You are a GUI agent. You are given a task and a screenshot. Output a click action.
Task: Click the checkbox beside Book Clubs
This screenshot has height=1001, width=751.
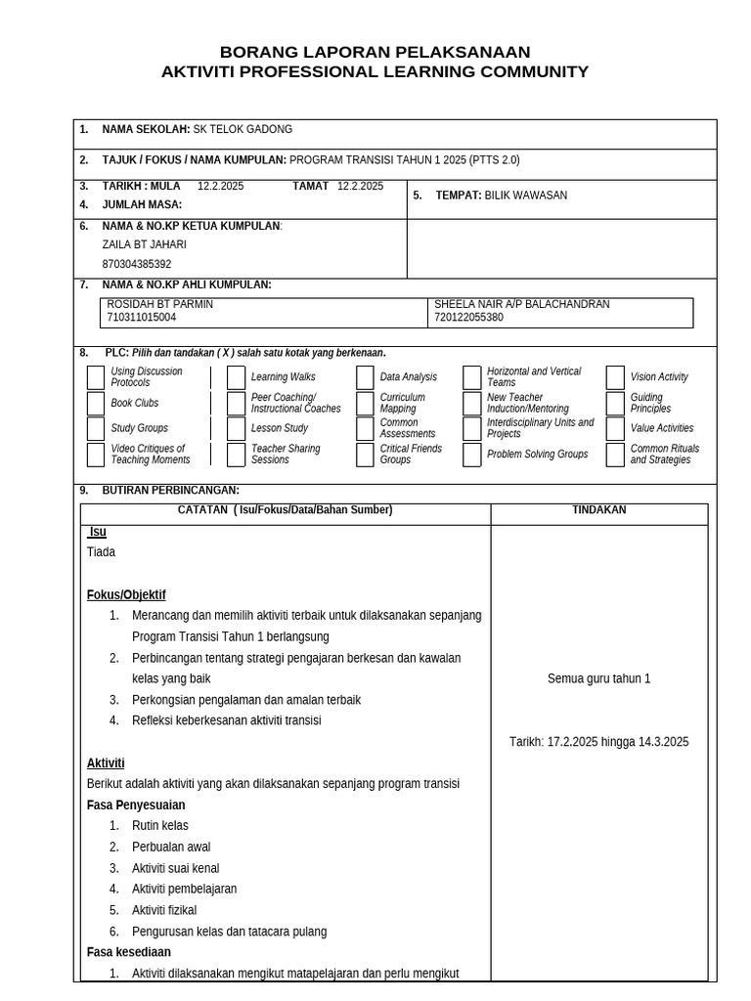pos(95,404)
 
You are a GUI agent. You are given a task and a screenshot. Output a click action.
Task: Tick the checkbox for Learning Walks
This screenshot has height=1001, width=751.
pos(236,377)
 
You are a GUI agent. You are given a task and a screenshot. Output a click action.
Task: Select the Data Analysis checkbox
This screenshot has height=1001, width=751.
pos(365,377)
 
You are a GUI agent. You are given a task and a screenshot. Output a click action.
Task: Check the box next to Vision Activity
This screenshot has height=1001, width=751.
pos(615,377)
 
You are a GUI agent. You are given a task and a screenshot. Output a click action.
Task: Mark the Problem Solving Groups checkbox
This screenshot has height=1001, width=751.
pos(471,455)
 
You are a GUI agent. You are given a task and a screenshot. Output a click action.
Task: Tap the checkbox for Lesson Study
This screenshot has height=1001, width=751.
pos(236,428)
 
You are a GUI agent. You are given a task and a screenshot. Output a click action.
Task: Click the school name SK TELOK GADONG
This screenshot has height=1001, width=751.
pos(243,130)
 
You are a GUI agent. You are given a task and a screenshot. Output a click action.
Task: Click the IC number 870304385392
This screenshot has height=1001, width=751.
pos(136,264)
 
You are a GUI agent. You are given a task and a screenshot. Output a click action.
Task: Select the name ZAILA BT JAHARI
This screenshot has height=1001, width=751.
pos(144,244)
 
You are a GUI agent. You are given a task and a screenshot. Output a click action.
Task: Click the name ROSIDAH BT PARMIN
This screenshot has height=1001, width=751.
pos(159,304)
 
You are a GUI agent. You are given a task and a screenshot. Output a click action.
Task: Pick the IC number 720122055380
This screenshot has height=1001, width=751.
pos(468,318)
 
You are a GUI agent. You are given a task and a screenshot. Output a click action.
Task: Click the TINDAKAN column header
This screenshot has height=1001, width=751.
pos(598,510)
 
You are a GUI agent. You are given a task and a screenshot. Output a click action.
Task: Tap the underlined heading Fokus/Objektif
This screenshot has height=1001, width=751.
pos(126,594)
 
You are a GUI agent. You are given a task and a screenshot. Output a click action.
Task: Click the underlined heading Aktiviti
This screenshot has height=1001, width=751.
pos(106,762)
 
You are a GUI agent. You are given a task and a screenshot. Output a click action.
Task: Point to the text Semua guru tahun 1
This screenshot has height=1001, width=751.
pos(598,678)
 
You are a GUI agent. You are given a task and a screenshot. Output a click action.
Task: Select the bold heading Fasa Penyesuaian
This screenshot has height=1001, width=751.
pos(136,805)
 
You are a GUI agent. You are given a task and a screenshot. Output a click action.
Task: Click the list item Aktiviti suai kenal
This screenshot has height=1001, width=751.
pos(175,868)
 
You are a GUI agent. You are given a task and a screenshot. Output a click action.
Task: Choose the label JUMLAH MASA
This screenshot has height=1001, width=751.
pos(142,204)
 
